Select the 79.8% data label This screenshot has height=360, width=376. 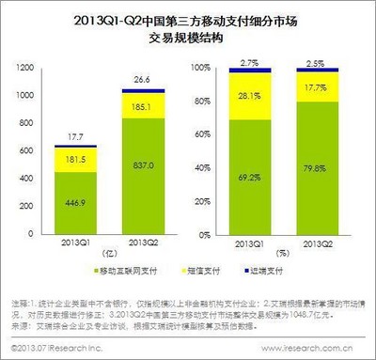(x=311, y=170)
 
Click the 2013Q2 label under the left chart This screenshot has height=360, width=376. (x=141, y=243)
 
